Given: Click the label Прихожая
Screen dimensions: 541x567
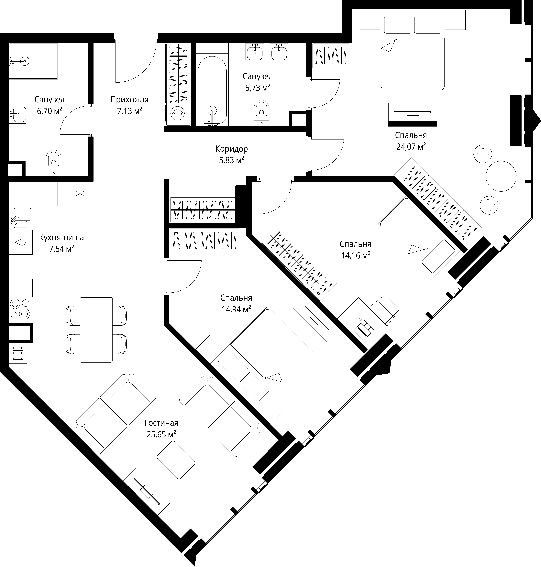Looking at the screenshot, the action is pyautogui.click(x=129, y=100).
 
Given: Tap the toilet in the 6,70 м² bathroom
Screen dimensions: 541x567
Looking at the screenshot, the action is pyautogui.click(x=54, y=163).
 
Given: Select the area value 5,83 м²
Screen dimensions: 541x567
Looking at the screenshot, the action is pyautogui.click(x=232, y=160).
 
